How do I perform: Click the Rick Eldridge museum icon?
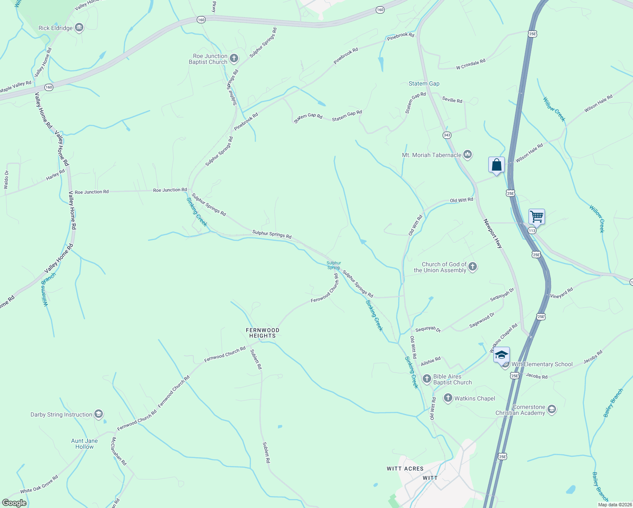[x=79, y=28]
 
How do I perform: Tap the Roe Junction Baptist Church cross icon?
[x=234, y=58]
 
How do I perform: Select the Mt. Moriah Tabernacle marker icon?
[x=468, y=155]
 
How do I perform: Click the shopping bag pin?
[x=496, y=165]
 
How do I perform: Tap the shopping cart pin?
[x=537, y=217]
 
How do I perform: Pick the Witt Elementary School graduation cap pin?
[x=501, y=355]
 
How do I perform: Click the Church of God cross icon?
[x=473, y=267]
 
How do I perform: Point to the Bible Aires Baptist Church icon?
[x=427, y=378]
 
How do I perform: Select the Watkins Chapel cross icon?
[x=448, y=398]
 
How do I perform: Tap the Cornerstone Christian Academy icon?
[x=551, y=409]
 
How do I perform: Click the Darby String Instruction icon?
[x=99, y=414]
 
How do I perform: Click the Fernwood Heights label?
[x=262, y=333]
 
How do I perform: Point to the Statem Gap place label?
[x=424, y=83]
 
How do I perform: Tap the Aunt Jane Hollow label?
[x=84, y=444]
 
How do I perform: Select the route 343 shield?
[x=447, y=135]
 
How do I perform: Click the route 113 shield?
[x=532, y=230]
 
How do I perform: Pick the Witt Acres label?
[x=405, y=469]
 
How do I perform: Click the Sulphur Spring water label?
[x=333, y=265]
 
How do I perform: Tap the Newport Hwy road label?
[x=493, y=234]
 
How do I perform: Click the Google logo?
[x=14, y=503]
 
